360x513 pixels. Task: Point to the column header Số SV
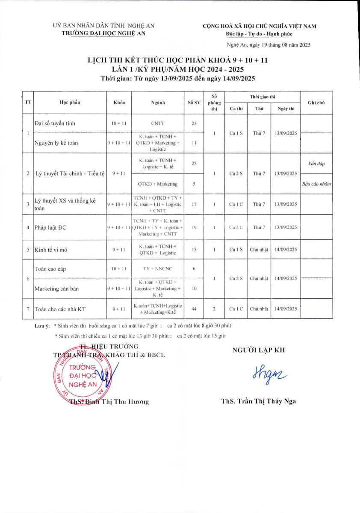194,103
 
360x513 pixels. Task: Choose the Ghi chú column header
316,103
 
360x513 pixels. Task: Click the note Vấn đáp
316,164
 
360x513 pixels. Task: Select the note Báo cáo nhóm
316,184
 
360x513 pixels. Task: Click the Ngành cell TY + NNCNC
157,268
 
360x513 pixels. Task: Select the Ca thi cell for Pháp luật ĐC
236,227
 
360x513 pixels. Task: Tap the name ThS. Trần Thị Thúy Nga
258,401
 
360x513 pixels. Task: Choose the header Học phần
70,103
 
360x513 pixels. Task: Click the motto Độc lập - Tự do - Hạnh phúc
260,34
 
